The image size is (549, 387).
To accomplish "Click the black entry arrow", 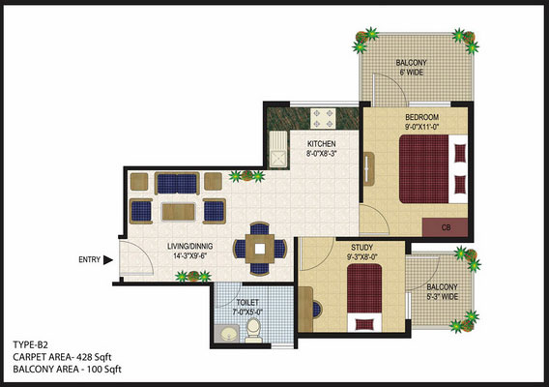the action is click(x=108, y=260).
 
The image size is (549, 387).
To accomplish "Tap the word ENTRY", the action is click(x=89, y=259).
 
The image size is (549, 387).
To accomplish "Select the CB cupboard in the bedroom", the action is click(x=445, y=227).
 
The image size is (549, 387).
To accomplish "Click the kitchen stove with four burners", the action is click(x=323, y=118).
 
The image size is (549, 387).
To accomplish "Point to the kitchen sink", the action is click(x=278, y=149).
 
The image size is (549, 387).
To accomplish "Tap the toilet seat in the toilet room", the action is click(x=253, y=331).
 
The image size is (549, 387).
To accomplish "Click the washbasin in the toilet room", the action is click(x=227, y=334).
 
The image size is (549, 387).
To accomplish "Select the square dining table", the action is click(x=260, y=249).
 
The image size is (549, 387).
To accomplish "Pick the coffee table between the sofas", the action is click(x=178, y=212).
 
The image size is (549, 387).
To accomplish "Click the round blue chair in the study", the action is click(x=316, y=310).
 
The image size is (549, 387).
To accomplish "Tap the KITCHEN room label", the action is click(x=322, y=144).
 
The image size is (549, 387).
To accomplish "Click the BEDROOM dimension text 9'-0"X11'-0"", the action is click(x=422, y=127).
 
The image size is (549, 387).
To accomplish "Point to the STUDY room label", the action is click(x=362, y=247).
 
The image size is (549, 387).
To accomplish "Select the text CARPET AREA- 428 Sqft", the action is click(x=62, y=357).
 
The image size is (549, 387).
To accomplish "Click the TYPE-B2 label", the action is click(x=30, y=345).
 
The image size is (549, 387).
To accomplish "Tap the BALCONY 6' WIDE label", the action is click(x=412, y=68).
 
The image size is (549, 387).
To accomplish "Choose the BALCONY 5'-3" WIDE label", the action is click(x=443, y=292).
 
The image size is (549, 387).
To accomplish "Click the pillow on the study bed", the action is click(x=364, y=323).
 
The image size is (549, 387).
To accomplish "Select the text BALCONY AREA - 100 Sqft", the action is click(x=68, y=370).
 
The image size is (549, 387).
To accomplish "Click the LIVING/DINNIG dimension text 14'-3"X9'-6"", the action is click(x=190, y=255).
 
